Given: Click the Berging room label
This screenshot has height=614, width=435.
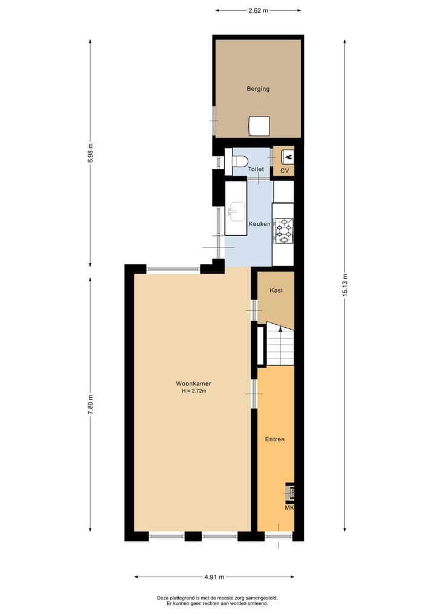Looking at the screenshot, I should [258, 89].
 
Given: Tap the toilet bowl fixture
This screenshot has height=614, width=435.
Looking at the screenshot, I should [239, 161].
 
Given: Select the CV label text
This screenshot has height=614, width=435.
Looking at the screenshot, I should [285, 170].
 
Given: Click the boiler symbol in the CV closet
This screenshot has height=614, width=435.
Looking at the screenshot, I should [288, 156].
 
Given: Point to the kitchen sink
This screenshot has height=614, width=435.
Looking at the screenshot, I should [236, 211].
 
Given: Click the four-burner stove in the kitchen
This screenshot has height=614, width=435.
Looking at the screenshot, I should [283, 230].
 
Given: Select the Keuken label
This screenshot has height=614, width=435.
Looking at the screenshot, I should [259, 224].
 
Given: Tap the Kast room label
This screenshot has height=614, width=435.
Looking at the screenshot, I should [276, 290].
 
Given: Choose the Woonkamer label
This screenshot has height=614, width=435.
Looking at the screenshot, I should [193, 383].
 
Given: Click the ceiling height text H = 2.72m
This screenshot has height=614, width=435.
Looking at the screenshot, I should [193, 391].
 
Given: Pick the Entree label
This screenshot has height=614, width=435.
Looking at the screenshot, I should [274, 439].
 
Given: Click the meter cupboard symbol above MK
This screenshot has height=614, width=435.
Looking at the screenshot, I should [290, 493].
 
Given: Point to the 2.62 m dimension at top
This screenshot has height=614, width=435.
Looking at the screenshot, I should [258, 10].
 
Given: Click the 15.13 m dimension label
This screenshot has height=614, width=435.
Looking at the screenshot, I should [345, 283].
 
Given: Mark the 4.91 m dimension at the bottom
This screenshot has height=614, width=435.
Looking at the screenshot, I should [213, 577].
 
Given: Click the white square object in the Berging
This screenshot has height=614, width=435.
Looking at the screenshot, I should [259, 126].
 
